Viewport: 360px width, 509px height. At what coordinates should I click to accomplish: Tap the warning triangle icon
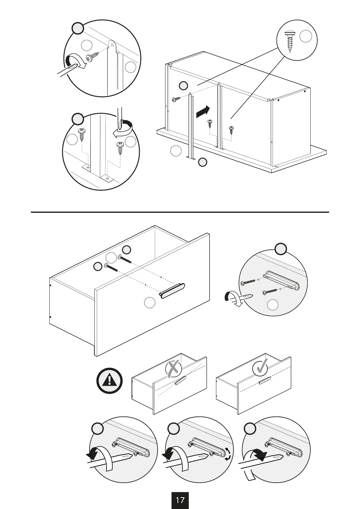[110, 381]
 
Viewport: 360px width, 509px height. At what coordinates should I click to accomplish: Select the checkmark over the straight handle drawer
[260, 367]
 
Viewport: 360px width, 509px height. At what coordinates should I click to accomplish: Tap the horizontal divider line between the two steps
[180, 212]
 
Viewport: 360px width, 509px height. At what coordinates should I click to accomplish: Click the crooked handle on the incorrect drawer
[180, 380]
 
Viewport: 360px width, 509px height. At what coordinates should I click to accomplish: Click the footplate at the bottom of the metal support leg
[191, 158]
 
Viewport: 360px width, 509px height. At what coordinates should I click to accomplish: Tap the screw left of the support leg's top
[176, 99]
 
